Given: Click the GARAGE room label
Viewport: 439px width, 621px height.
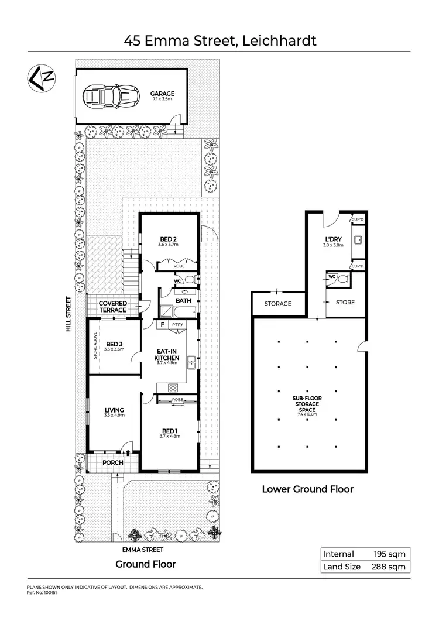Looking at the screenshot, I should coord(162,94).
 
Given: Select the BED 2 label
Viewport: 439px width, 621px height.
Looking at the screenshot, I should coord(169,239).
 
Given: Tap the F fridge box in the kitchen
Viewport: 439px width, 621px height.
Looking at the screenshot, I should coord(162,324).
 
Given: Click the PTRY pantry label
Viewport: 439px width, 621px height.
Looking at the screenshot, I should coord(177,324).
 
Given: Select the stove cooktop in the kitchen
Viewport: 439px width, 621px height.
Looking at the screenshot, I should coord(173,387).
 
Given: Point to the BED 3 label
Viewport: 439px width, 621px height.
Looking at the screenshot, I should coord(114,344).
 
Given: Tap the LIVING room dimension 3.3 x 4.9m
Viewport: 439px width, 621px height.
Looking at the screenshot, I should coord(115,415).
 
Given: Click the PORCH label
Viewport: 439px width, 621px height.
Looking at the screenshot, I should coord(113,462).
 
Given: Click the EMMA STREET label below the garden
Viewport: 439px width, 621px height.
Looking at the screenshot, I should coord(142,550).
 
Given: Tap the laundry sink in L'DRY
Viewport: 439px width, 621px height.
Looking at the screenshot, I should coord(357,240).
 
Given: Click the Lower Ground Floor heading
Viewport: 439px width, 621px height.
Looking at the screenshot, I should coord(307,489).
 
